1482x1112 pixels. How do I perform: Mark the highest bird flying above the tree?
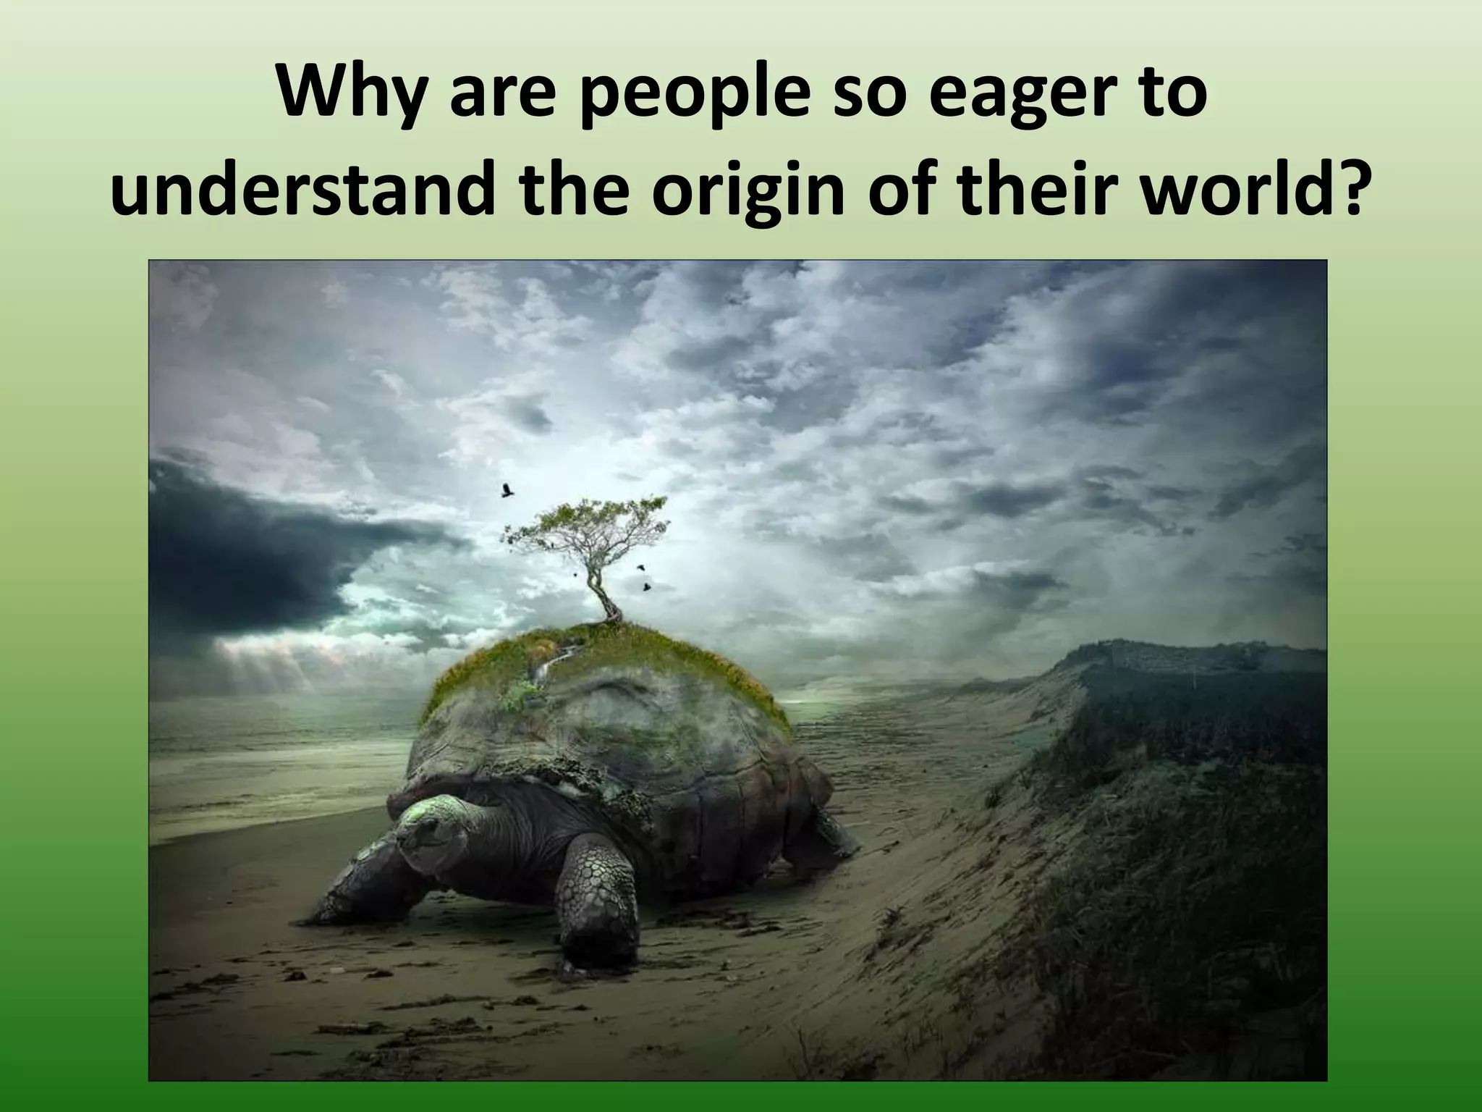(x=507, y=491)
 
